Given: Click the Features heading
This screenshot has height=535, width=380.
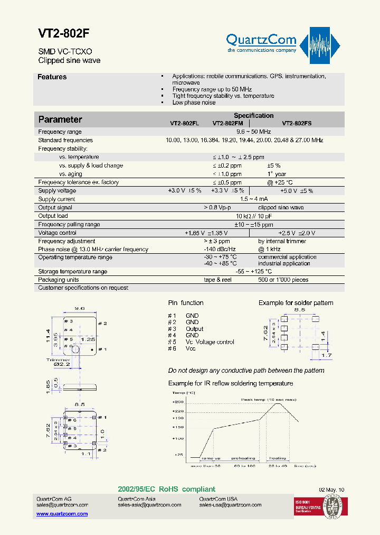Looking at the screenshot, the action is (52, 77).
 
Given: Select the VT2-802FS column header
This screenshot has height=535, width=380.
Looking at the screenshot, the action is (297, 123).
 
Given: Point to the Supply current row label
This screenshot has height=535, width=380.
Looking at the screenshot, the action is (57, 199).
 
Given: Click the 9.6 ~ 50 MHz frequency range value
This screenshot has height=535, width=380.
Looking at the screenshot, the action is (253, 132).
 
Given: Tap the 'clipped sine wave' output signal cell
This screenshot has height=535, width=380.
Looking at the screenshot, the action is (281, 208).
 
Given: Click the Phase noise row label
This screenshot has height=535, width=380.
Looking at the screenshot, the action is (93, 250).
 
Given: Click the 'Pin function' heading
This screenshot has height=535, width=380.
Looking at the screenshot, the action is (186, 303).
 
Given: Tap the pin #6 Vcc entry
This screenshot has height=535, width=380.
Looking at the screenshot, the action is (183, 348).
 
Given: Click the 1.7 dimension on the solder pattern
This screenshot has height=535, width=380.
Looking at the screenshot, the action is (327, 355).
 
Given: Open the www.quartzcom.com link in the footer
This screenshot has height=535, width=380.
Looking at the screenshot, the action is (62, 514).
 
